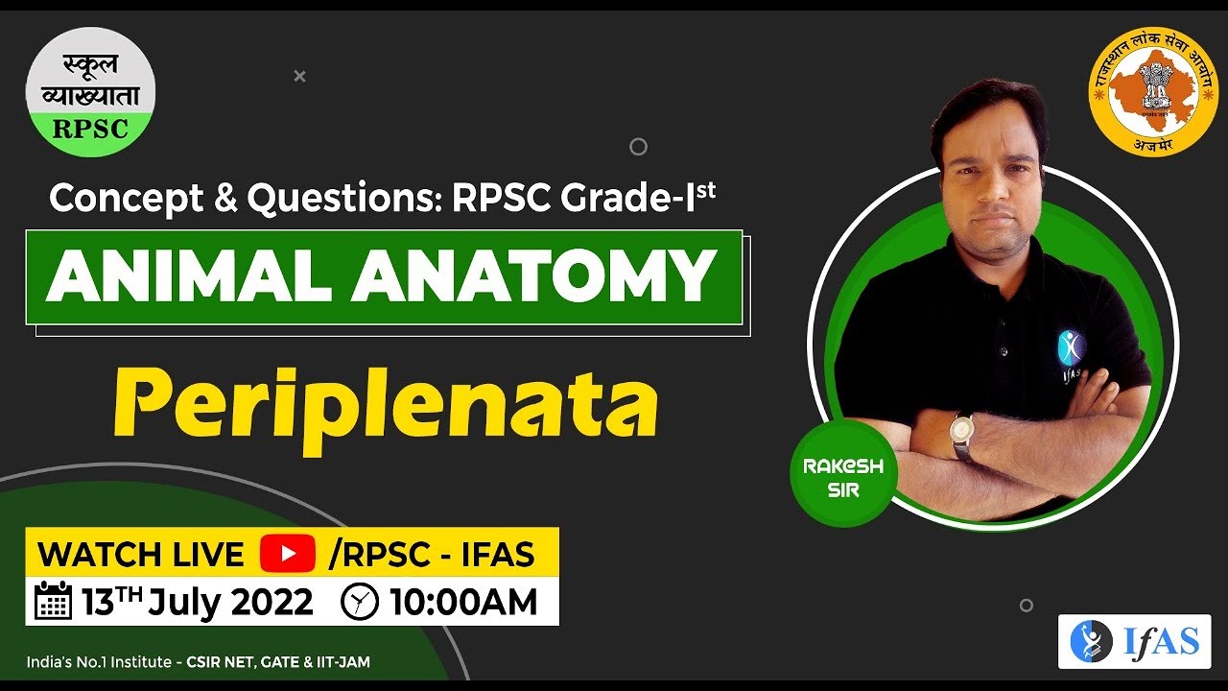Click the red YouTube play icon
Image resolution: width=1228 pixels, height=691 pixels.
coord(287,554)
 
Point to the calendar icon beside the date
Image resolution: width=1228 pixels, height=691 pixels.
coord(54,601)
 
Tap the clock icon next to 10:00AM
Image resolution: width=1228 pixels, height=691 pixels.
coord(360,602)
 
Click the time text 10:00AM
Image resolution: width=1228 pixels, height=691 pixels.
coord(463,602)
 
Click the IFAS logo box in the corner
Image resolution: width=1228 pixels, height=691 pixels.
coord(1134,641)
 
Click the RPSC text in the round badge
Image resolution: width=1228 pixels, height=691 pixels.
coord(90,129)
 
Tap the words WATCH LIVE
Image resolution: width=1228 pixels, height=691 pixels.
coord(141,554)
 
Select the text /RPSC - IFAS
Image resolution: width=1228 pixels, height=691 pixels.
coord(431,554)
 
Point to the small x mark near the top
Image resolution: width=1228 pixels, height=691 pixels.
coord(299,76)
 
